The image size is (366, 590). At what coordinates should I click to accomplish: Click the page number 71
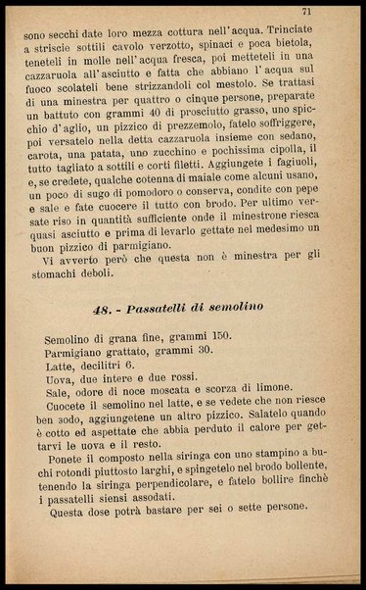tap(334, 12)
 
